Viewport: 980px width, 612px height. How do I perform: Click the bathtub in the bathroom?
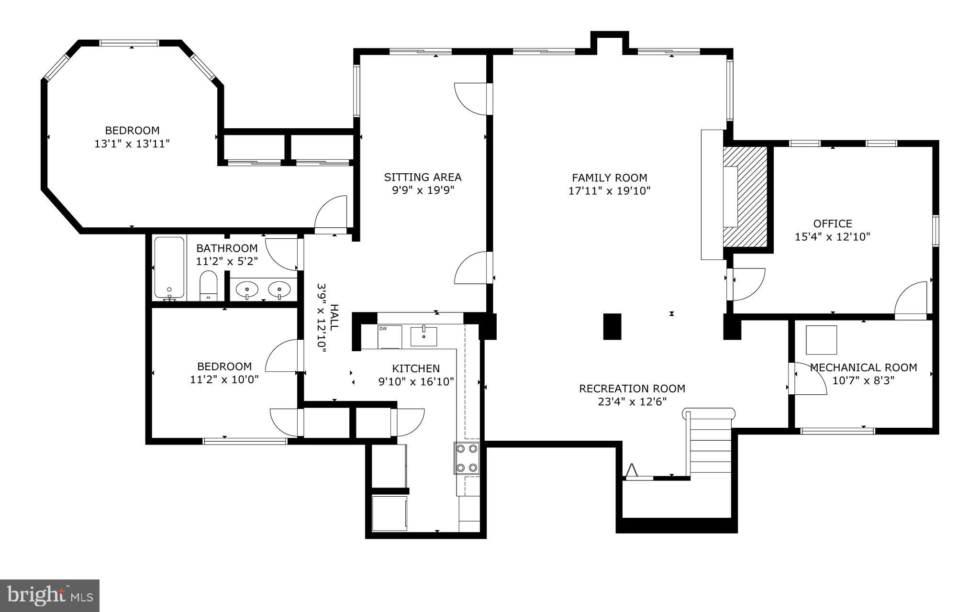point(169,268)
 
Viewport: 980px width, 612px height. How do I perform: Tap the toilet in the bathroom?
point(208,285)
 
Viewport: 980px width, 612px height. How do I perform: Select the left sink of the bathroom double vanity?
point(247,289)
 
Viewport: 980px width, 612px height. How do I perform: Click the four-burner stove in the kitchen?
point(467,458)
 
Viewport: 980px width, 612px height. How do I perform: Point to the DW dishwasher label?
point(383,328)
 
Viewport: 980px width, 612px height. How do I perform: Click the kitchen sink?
point(423,336)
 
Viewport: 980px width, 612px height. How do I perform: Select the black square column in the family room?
point(612,326)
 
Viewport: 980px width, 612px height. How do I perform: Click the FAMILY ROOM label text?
point(610,178)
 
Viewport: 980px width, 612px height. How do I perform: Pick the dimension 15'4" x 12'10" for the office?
point(832,236)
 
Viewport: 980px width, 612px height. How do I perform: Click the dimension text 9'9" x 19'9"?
point(423,190)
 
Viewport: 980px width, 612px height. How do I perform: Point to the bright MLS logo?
point(49,595)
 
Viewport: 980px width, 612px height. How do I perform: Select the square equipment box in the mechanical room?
point(821,340)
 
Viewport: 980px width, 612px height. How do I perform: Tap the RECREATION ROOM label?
point(632,389)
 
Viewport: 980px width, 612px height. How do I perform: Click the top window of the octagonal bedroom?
point(129,43)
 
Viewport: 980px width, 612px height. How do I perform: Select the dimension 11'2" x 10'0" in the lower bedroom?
point(224,379)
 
